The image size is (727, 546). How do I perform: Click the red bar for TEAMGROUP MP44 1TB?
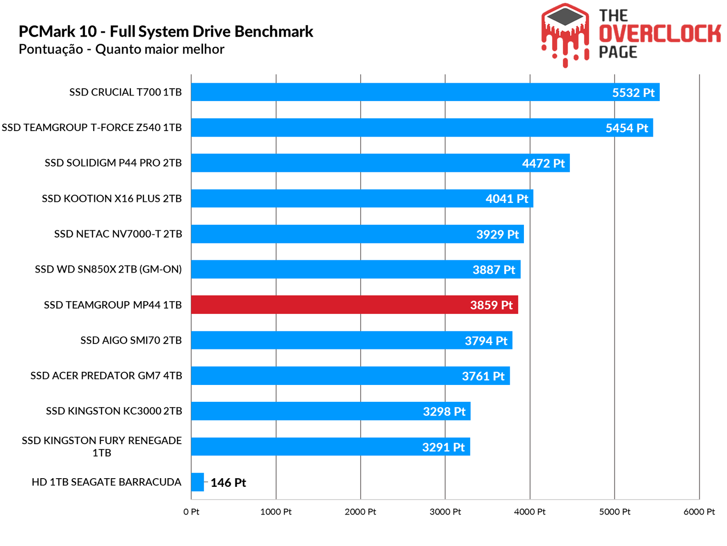click(354, 304)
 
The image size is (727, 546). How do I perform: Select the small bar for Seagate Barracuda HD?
click(197, 482)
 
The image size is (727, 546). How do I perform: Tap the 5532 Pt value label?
click(633, 92)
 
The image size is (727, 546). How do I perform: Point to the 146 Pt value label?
click(228, 482)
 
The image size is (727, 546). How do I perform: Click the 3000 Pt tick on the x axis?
click(445, 511)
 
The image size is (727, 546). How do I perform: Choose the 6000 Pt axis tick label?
click(699, 511)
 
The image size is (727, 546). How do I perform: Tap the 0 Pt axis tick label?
click(191, 511)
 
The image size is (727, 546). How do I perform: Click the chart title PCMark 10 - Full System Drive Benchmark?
click(166, 31)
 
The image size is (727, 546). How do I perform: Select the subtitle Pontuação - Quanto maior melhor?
click(121, 49)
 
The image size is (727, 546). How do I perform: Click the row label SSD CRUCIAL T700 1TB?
click(125, 92)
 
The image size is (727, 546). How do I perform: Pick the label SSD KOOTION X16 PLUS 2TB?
click(112, 198)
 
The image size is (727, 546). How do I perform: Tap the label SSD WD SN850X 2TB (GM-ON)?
click(108, 269)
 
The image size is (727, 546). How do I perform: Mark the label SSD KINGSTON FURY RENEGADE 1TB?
click(102, 446)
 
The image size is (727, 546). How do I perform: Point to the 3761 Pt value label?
click(483, 376)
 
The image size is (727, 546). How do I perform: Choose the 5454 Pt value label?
click(627, 128)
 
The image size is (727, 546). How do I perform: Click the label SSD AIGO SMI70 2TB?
click(131, 340)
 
